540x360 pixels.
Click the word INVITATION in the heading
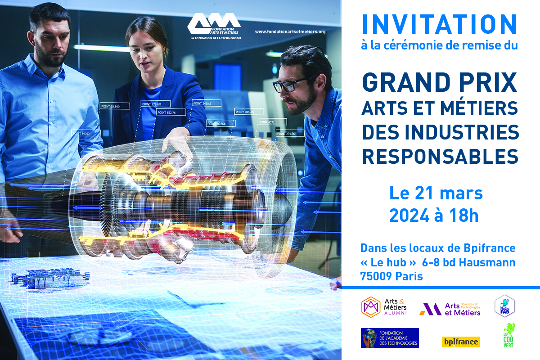tap(440, 24)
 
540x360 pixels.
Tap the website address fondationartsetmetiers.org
tap(290, 32)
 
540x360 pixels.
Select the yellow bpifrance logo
tap(460, 342)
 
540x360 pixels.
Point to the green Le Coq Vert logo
tap(509, 335)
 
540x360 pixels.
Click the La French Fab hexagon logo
tap(505, 306)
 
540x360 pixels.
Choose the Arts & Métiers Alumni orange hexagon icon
tap(371, 307)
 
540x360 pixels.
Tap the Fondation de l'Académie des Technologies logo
tap(390, 338)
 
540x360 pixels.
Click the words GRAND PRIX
tap(440, 83)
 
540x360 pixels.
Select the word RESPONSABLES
tap(440, 156)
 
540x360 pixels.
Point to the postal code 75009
tap(376, 277)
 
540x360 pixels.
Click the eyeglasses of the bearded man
tap(288, 84)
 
